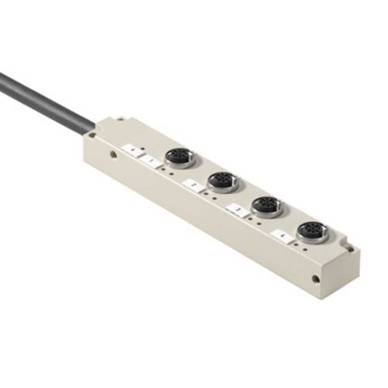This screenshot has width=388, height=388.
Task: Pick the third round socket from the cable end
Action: tap(266, 206)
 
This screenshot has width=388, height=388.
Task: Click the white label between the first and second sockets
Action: tap(194, 184)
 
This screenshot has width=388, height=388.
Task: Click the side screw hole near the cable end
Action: tap(114, 154)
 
